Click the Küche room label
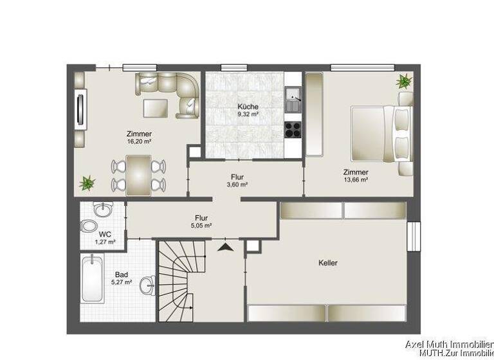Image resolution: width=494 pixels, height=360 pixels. click(248, 107)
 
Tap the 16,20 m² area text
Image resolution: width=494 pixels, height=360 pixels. click(139, 141)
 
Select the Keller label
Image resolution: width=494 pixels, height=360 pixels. click(327, 263)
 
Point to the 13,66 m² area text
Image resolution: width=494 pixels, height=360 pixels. click(356, 180)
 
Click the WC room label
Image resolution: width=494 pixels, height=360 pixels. click(105, 234)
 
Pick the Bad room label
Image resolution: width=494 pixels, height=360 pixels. click(122, 274)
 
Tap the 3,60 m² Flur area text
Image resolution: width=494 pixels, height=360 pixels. click(237, 184)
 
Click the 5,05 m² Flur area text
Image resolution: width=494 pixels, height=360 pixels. click(201, 226)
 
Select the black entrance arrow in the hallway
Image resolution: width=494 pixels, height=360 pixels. click(225, 246)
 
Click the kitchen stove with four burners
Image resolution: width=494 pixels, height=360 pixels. click(293, 129)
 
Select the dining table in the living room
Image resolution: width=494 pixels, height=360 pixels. click(138, 175)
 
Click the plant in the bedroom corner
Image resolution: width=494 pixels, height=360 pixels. click(404, 82)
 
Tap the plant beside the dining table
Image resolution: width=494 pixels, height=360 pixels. click(87, 183)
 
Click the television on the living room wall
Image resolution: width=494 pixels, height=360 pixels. click(80, 109)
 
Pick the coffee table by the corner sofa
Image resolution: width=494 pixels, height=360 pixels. click(154, 107)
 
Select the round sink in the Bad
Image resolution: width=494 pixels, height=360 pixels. click(147, 284)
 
